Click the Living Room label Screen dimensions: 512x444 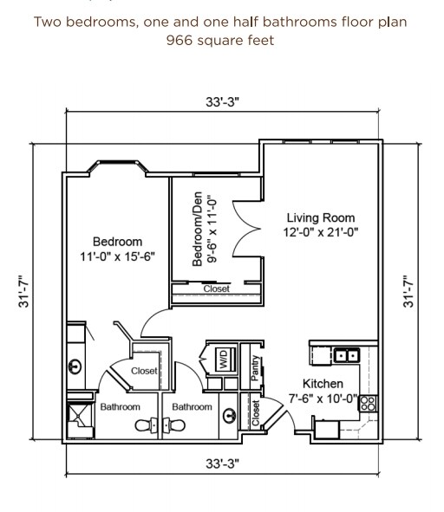[x=321, y=217]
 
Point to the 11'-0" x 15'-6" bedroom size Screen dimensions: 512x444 [x=118, y=256]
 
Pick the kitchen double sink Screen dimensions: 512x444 [x=347, y=354]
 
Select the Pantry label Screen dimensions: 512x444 [x=256, y=366]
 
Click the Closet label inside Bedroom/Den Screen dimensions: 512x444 [x=216, y=289]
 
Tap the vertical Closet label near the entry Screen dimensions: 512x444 [x=256, y=412]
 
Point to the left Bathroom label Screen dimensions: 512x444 [x=120, y=406]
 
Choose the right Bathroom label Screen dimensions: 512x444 [x=192, y=406]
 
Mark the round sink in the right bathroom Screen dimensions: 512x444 [x=227, y=414]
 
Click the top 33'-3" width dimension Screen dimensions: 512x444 [x=222, y=101]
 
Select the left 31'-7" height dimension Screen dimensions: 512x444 [x=26, y=292]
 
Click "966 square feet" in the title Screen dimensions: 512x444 [x=221, y=40]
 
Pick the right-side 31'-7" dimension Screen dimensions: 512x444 [x=410, y=292]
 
